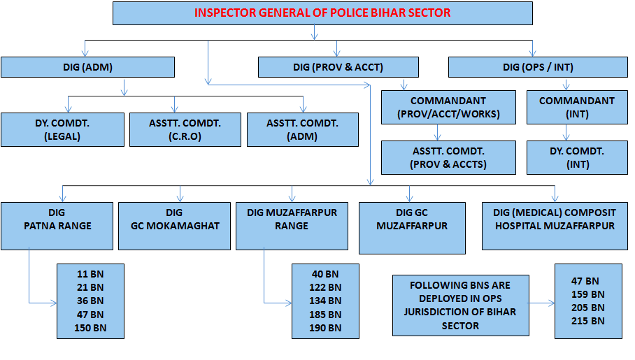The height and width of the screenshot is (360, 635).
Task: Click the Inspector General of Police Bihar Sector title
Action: pyautogui.click(x=322, y=13)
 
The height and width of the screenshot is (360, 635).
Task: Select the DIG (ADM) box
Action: pyautogui.click(x=87, y=67)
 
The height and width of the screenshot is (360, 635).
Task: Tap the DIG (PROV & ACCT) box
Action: pyautogui.click(x=338, y=67)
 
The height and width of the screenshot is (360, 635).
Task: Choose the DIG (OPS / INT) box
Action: pyautogui.click(x=538, y=67)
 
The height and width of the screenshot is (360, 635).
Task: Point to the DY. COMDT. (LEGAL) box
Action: pyautogui.click(x=62, y=129)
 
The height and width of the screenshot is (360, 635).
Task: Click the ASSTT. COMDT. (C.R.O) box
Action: pyautogui.click(x=185, y=129)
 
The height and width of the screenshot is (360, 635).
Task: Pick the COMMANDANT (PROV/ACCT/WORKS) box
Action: pyautogui.click(x=448, y=107)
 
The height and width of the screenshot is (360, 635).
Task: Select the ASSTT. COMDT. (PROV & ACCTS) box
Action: pyautogui.click(x=448, y=157)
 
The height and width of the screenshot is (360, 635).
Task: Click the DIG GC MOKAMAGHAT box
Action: pyautogui.click(x=174, y=226)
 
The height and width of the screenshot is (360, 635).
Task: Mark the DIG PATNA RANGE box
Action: pyautogui.click(x=57, y=226)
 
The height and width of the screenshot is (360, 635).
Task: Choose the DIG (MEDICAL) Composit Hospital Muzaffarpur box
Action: pyautogui.click(x=555, y=226)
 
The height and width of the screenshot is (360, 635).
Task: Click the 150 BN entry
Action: pyautogui.click(x=90, y=328)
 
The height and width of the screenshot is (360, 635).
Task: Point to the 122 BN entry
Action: pyautogui.click(x=325, y=287)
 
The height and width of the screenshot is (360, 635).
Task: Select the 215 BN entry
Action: pyautogui.click(x=588, y=321)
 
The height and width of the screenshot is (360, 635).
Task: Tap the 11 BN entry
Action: pyautogui.click(x=90, y=273)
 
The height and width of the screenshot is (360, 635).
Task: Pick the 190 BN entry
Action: pyautogui.click(x=325, y=328)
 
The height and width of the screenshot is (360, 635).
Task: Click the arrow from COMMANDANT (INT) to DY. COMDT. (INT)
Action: pyautogui.click(x=566, y=133)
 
